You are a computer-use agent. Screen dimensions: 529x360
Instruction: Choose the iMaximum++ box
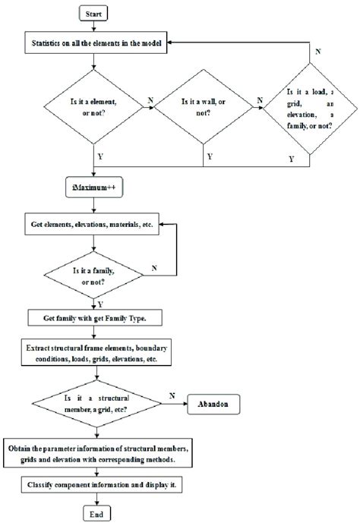click(91, 184)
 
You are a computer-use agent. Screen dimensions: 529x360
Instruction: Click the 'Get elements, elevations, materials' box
click(91, 225)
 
